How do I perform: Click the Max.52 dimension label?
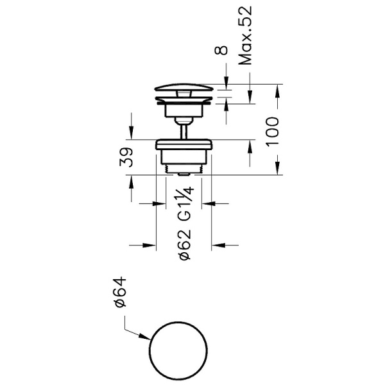click(x=245, y=35)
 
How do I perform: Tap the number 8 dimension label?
click(x=221, y=50)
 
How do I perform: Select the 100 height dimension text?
click(x=273, y=132)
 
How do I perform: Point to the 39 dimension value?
click(x=126, y=157)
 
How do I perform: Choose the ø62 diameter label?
click(x=185, y=245)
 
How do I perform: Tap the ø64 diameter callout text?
click(x=121, y=292)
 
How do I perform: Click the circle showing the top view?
click(x=150, y=350)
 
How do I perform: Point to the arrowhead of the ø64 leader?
click(x=145, y=337)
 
